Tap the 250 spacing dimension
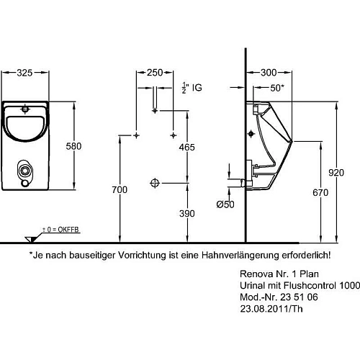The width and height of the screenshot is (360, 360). click(154, 73)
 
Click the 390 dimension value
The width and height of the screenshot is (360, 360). click(187, 213)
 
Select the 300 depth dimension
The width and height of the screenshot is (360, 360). click(269, 73)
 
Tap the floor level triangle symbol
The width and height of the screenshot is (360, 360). click(30, 237)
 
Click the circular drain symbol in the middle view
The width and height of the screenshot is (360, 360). click(153, 182)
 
